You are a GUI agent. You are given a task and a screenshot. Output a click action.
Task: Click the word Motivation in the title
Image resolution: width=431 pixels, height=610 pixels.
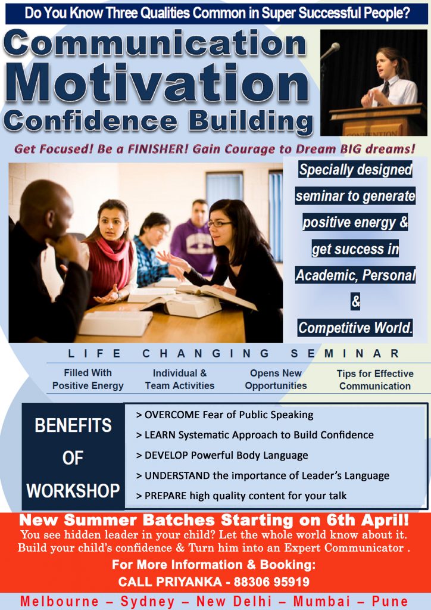click(160, 82)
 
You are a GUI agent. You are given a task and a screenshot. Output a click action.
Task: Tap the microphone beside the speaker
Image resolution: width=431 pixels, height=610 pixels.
click(331, 51)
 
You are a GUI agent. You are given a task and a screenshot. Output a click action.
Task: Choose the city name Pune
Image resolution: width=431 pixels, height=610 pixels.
click(390, 601)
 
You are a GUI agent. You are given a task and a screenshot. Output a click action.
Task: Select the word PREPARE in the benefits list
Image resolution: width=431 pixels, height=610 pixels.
click(165, 495)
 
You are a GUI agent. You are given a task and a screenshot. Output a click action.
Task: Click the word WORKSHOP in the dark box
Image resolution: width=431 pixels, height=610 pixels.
click(73, 491)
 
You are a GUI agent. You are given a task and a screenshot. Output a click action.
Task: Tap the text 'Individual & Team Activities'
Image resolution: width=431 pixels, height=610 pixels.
click(179, 379)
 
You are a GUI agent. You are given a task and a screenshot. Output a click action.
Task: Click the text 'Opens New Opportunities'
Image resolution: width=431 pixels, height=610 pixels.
click(276, 379)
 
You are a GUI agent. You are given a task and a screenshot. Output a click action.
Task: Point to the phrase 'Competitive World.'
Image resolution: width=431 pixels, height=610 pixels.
click(355, 328)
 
